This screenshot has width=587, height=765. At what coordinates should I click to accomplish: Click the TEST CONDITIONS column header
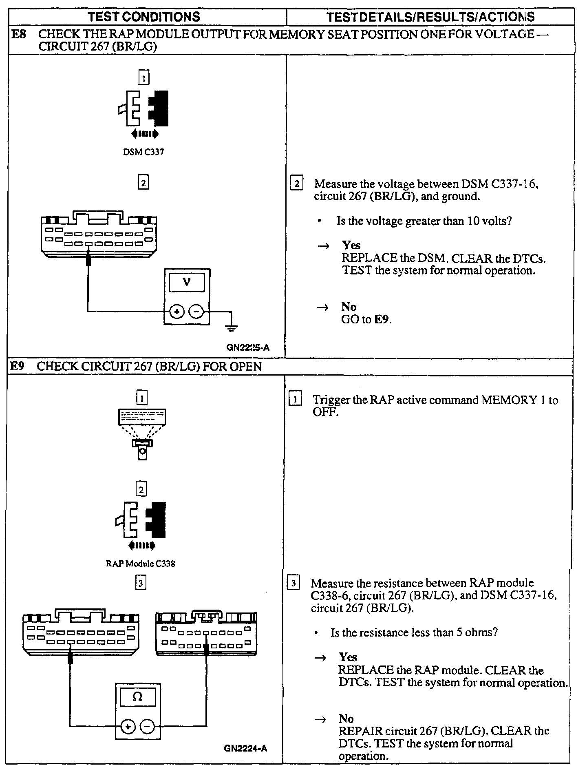pyautogui.click(x=145, y=17)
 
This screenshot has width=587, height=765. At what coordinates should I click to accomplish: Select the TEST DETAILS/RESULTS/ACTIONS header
pyautogui.click(x=430, y=17)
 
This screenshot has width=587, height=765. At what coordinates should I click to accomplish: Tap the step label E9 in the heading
pyautogui.click(x=18, y=366)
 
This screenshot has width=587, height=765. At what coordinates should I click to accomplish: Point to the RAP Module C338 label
pyautogui.click(x=140, y=564)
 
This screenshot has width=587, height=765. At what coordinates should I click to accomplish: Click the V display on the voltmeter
pyautogui.click(x=187, y=282)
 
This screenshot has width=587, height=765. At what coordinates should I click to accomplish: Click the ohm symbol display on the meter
pyautogui.click(x=137, y=697)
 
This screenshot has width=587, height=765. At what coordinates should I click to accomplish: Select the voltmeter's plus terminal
pyautogui.click(x=177, y=312)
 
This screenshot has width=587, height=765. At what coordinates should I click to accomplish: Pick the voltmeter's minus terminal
pyautogui.click(x=196, y=312)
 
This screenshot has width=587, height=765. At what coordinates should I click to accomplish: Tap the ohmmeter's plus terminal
pyautogui.click(x=128, y=726)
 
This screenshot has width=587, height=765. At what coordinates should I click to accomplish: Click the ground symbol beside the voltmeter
pyautogui.click(x=232, y=327)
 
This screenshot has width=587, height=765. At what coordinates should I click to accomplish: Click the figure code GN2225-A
pyautogui.click(x=248, y=348)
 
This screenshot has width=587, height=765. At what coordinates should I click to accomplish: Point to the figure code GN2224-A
pyautogui.click(x=245, y=748)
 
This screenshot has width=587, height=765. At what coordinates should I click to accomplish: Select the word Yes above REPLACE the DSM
pyautogui.click(x=351, y=245)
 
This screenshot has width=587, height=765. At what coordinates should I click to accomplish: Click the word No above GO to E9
pyautogui.click(x=349, y=307)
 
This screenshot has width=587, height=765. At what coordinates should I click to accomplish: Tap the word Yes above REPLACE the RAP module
pyautogui.click(x=348, y=657)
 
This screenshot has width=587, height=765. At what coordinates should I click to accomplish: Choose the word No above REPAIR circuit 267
pyautogui.click(x=346, y=719)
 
